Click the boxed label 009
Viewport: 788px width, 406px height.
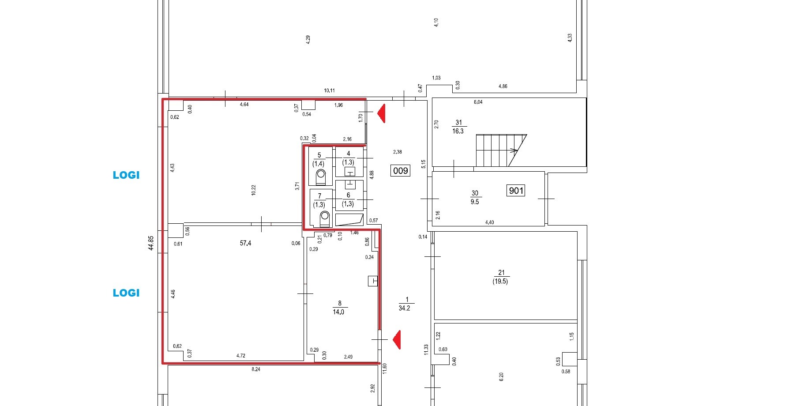400,170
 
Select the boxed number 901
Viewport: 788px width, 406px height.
516,191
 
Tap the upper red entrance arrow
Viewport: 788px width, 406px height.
382,113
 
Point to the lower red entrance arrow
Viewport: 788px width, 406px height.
397,340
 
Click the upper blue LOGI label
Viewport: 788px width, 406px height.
126,175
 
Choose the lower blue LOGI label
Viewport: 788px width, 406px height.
126,293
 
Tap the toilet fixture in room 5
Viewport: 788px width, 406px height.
321,177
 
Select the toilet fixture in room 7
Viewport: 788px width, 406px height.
325,219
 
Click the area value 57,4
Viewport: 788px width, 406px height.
245,243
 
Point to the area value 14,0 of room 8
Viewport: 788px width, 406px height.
338,312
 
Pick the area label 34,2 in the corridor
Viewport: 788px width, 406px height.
404,308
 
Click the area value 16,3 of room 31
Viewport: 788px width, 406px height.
458,131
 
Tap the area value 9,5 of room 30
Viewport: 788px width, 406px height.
475,202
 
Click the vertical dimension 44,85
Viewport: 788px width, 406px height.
151,243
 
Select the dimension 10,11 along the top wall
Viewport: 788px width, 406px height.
329,90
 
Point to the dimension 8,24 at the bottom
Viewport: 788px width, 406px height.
255,369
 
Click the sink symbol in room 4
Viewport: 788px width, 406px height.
350,171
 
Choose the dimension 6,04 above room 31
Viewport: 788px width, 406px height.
478,102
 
